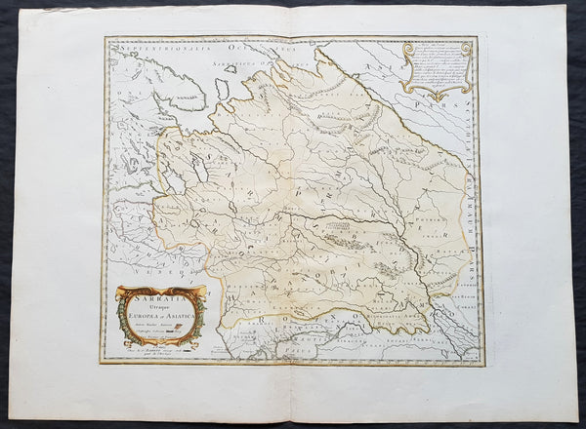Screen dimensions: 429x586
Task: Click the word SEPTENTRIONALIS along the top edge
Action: pyautogui.click(x=146, y=46)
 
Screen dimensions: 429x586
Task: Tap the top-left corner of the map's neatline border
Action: pyautogui.click(x=105, y=38)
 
